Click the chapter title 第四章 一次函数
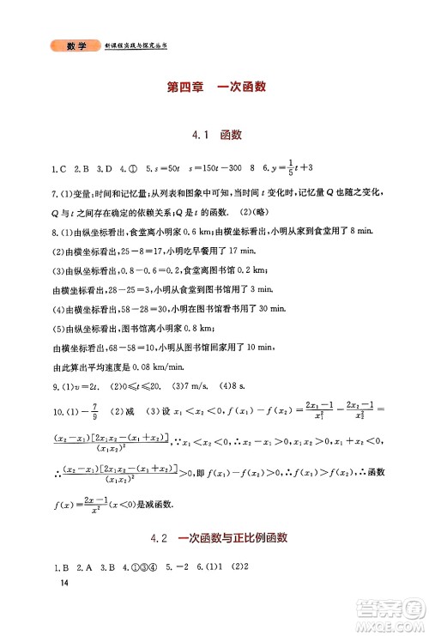(x=215, y=86)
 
